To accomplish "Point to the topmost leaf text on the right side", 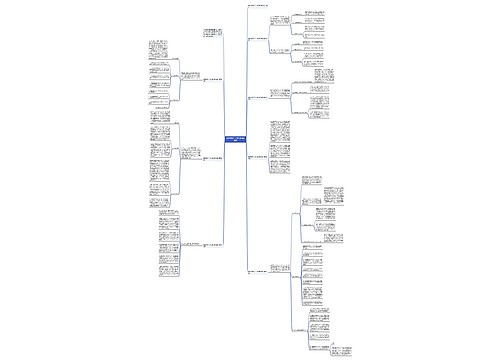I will pyautogui.click(x=315, y=14).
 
